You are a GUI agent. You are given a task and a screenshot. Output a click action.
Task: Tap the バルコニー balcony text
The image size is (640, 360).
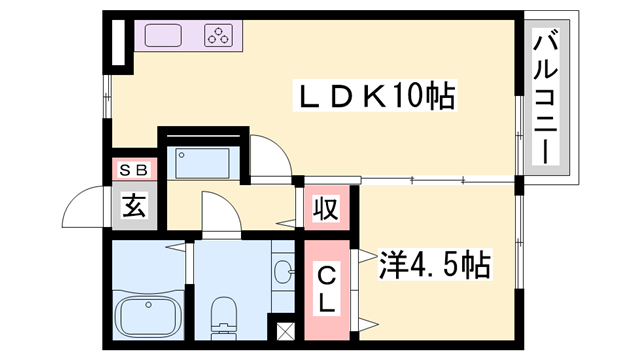(x=546, y=99)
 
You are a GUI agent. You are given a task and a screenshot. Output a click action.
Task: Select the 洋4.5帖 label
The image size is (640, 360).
(x=433, y=265)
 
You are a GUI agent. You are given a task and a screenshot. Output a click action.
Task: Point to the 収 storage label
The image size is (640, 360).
(x=327, y=210)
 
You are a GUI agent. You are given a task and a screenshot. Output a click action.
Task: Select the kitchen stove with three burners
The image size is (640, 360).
(x=219, y=37)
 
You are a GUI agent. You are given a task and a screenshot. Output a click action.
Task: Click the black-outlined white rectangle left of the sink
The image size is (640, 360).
(x=118, y=42)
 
